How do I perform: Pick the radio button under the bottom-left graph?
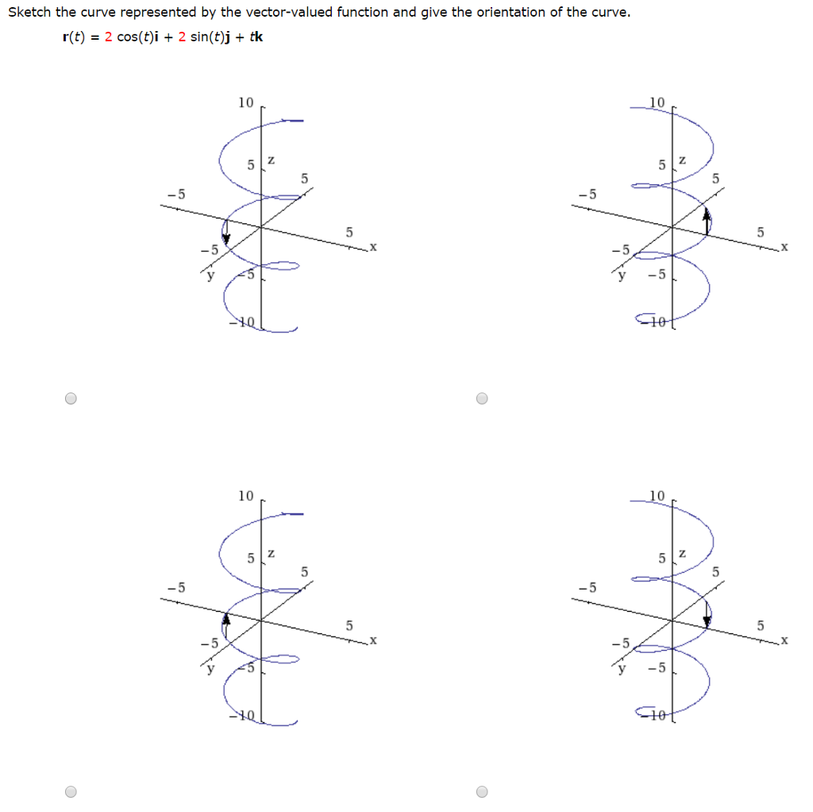point(71,791)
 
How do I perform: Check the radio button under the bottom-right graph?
point(482,791)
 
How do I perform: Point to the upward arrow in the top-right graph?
point(707,216)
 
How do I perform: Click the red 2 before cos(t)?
point(108,38)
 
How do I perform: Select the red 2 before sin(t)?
point(182,38)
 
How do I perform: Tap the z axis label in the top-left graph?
point(271,160)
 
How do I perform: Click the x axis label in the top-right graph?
point(784,248)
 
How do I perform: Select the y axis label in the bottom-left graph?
point(210,669)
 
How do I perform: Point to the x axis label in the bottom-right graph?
point(784,640)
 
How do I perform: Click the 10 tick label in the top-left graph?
point(246,102)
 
